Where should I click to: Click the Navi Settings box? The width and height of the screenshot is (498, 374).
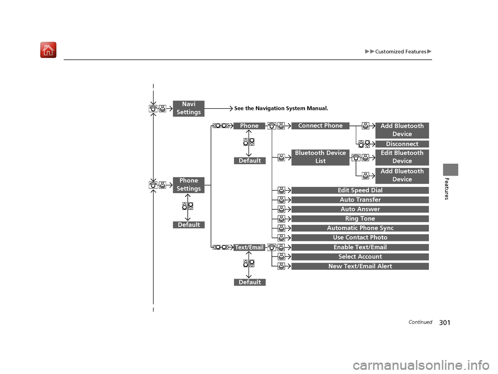click(189, 108)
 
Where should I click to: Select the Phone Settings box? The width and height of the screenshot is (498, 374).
click(189, 184)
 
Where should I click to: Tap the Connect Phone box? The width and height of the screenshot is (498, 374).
click(321, 126)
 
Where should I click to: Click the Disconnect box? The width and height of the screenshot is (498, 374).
click(402, 144)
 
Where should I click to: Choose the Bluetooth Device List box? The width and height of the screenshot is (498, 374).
click(321, 157)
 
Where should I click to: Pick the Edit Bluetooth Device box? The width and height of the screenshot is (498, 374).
click(402, 157)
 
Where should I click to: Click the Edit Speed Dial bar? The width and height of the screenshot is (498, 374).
click(360, 191)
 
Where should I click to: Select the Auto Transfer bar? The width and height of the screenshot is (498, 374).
click(360, 200)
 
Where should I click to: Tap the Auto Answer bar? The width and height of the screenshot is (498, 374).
click(360, 209)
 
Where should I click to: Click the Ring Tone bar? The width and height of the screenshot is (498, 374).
click(360, 219)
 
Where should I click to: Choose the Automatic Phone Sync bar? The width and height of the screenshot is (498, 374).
click(360, 228)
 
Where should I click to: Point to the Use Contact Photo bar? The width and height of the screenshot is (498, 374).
click(360, 238)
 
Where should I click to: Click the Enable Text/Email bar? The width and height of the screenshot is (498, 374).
click(360, 247)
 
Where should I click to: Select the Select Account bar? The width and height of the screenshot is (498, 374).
click(360, 256)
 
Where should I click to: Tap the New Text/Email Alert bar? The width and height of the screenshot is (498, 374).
click(360, 266)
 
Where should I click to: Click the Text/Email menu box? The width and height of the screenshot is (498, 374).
click(250, 248)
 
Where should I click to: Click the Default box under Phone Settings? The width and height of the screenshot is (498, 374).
click(189, 225)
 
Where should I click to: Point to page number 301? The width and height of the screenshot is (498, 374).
click(445, 323)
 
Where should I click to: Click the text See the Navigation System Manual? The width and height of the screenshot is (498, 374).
click(281, 109)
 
